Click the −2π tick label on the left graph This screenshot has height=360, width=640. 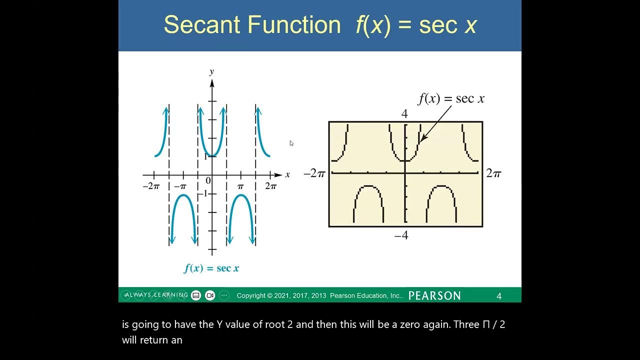pyautogui.click(x=150, y=186)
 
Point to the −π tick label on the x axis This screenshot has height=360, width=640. pyautogui.click(x=180, y=186)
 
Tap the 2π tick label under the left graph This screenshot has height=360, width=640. pyautogui.click(x=270, y=186)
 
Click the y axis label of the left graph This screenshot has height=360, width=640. pyautogui.click(x=211, y=71)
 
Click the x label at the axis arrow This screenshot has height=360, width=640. pyautogui.click(x=287, y=175)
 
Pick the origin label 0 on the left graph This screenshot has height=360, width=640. pyautogui.click(x=208, y=181)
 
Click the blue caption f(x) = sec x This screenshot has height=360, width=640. pyautogui.click(x=211, y=268)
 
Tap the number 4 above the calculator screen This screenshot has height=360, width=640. pyautogui.click(x=404, y=114)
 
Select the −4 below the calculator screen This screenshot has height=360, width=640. pyautogui.click(x=401, y=235)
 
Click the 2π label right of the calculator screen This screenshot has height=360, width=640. pyautogui.click(x=493, y=173)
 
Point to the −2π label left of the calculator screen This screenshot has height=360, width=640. pyautogui.click(x=314, y=174)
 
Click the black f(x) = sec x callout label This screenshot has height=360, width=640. pyautogui.click(x=451, y=98)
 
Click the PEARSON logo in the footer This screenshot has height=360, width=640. pyautogui.click(x=434, y=295)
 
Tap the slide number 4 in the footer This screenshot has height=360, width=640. pyautogui.click(x=498, y=296)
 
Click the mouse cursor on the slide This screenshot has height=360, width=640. pyautogui.click(x=291, y=143)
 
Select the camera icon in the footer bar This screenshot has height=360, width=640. pyautogui.click(x=210, y=295)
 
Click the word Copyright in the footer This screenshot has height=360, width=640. pyautogui.click(x=251, y=295)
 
